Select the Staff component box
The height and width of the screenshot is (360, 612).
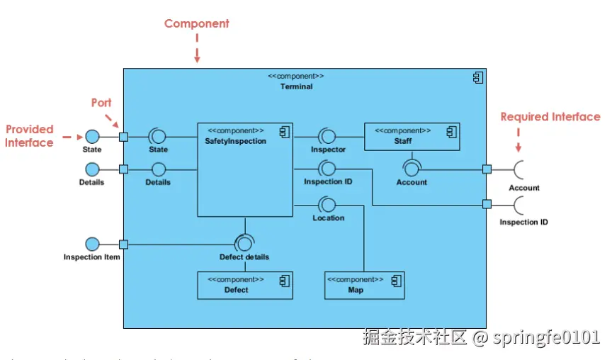[x=412, y=136]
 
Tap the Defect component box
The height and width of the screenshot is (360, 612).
[x=244, y=285]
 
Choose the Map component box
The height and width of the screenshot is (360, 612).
[x=364, y=285]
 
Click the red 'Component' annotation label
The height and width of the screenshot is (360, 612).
[x=197, y=23]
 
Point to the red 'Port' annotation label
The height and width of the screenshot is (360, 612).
[x=101, y=103]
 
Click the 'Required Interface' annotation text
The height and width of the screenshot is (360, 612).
[x=550, y=117]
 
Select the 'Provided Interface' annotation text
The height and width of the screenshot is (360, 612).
[x=30, y=136]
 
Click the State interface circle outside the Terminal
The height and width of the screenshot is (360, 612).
[x=92, y=136]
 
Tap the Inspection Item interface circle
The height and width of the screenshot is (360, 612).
[x=92, y=244]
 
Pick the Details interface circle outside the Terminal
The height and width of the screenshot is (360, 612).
[x=92, y=169]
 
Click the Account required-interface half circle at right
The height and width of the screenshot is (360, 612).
[x=521, y=169]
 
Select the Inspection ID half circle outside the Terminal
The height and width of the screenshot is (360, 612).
[x=521, y=205]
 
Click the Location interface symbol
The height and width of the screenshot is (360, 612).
[x=327, y=205]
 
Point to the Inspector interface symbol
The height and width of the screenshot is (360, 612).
[x=327, y=136]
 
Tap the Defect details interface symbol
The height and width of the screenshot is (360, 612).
[x=244, y=243]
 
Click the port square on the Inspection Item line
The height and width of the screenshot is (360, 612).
[x=123, y=244]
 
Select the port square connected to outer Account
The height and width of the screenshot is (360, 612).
[x=487, y=169]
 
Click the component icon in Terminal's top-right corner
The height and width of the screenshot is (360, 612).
[x=478, y=78]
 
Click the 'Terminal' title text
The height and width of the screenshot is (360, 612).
[x=296, y=86]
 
